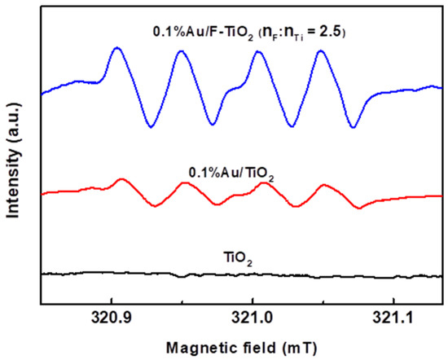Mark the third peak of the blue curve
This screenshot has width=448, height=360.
pos(258,52)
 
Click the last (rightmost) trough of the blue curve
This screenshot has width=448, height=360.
pos(352,127)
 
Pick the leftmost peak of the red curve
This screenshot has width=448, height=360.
pos(121,179)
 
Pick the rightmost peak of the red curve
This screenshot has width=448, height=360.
pos(325,186)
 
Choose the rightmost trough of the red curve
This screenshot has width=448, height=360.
pos(358,208)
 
